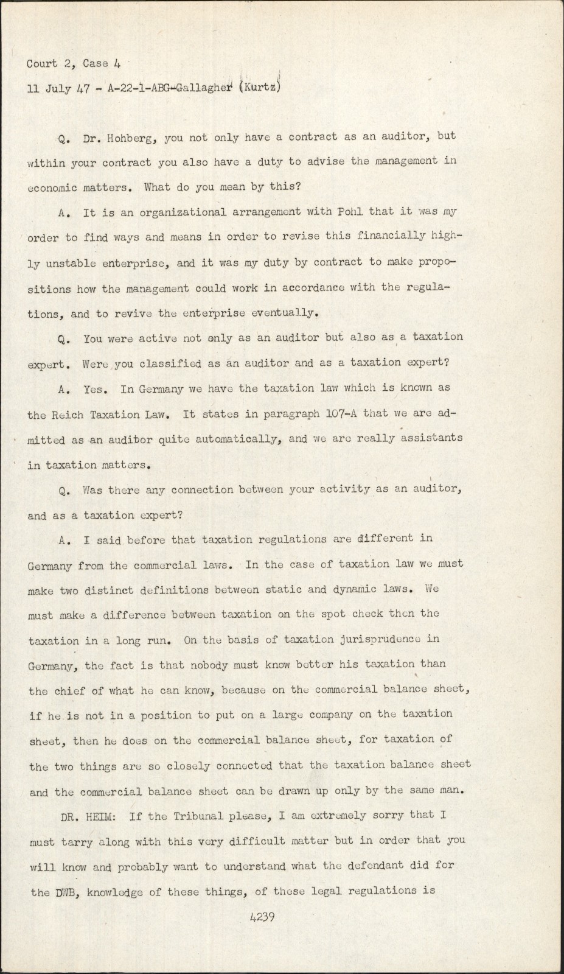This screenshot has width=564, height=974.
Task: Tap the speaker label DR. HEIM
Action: tap(90, 816)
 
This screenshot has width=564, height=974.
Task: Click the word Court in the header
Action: tap(42, 63)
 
